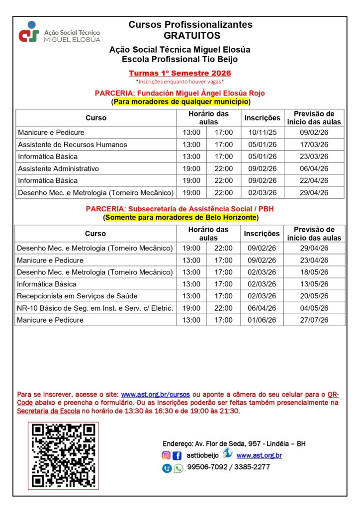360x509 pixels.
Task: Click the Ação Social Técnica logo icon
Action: pyautogui.click(x=29, y=31)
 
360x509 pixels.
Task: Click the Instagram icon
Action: pyautogui.click(x=166, y=455)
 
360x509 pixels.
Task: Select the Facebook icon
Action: pyautogui.click(x=177, y=455)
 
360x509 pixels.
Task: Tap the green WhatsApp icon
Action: pyautogui.click(x=179, y=468)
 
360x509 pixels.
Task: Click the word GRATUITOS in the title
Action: pyautogui.click(x=191, y=36)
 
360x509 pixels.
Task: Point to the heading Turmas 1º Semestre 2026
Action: pyautogui.click(x=180, y=73)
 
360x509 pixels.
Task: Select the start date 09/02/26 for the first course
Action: pyautogui.click(x=314, y=133)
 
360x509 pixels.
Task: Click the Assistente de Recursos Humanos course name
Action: pyautogui.click(x=73, y=145)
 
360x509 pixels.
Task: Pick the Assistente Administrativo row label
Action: pyautogui.click(x=59, y=169)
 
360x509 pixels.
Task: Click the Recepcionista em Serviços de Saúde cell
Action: pyautogui.click(x=77, y=296)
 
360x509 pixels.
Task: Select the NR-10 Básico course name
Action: pyautogui.click(x=95, y=308)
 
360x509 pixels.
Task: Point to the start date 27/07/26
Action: pyautogui.click(x=314, y=320)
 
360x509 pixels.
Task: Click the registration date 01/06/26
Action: pyautogui.click(x=262, y=320)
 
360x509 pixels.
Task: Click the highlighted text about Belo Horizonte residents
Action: pyautogui.click(x=181, y=218)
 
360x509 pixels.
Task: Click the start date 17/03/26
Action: pyautogui.click(x=314, y=145)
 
